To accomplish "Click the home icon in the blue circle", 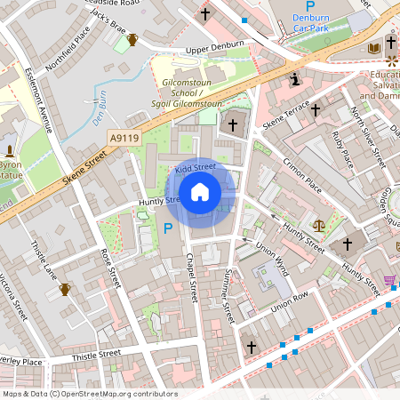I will [200, 192].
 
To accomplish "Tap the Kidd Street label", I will [196, 167].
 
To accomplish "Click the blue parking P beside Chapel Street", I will [168, 229].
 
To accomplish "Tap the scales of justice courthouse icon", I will [318, 226].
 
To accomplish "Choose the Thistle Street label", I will [97, 355].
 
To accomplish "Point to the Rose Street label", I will [112, 268].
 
